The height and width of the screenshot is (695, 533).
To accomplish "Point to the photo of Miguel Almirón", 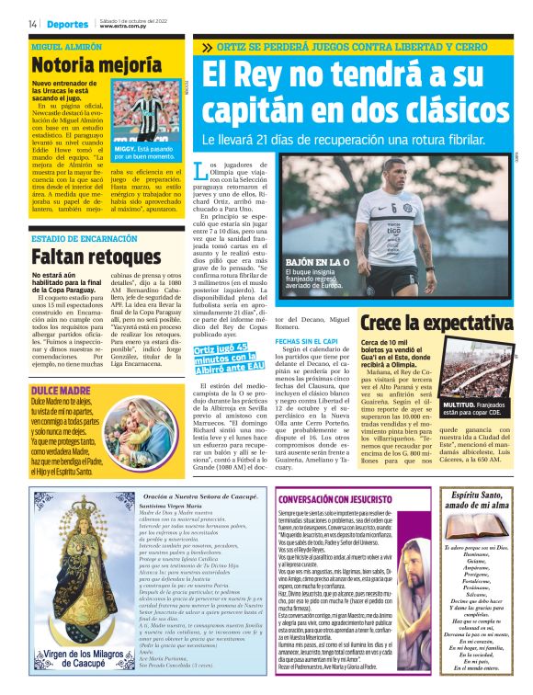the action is pyautogui.click(x=147, y=108).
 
